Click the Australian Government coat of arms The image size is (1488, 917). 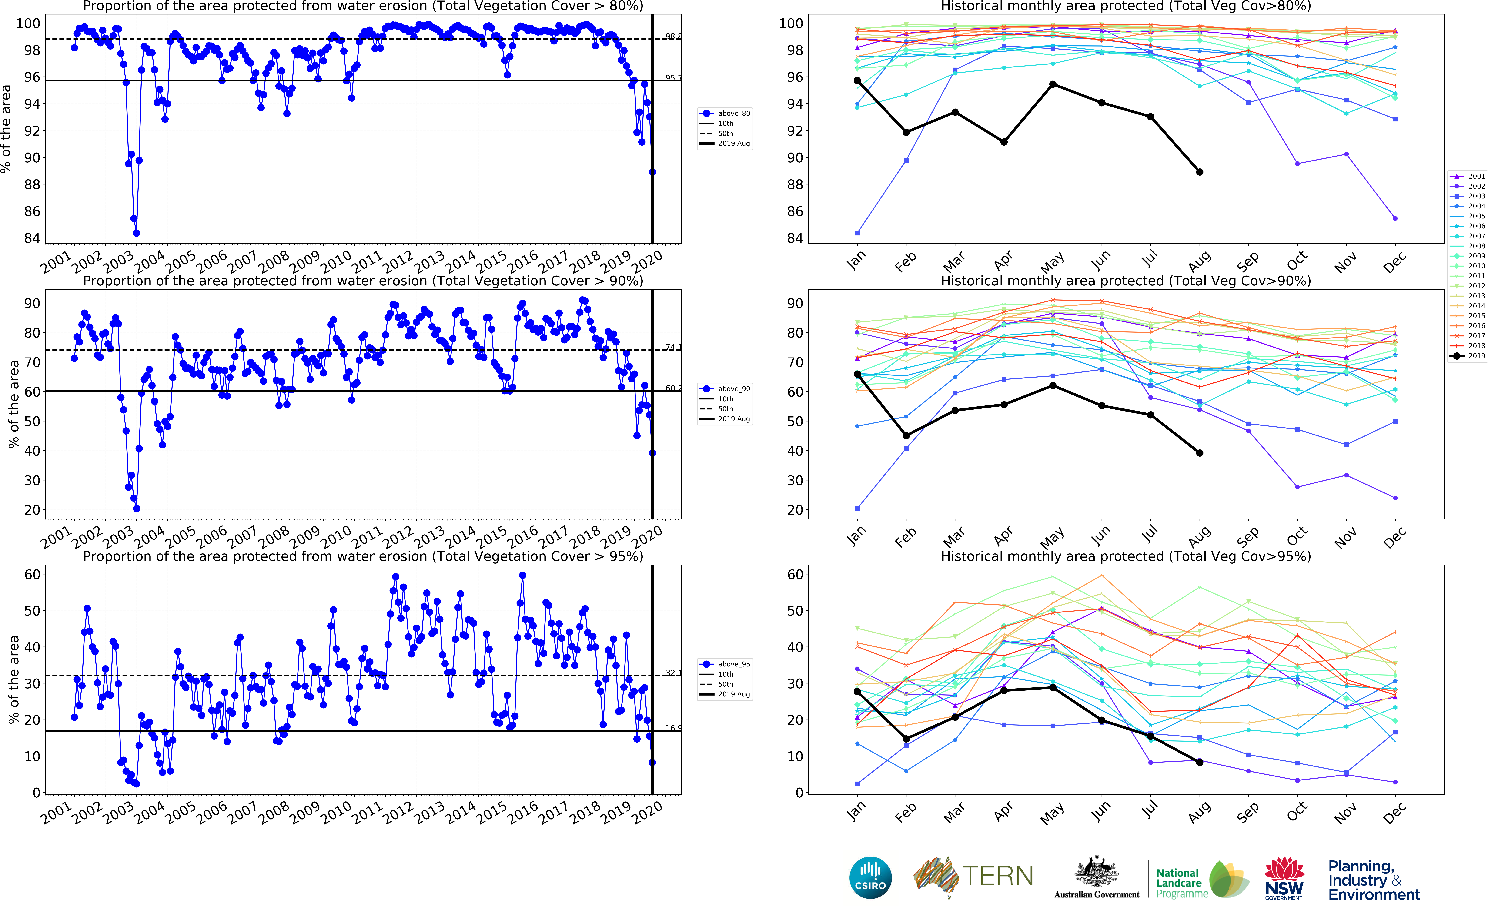[x=1096, y=873]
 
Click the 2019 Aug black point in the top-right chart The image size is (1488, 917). [x=1199, y=172]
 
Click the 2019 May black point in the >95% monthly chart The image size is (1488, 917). [x=1053, y=688]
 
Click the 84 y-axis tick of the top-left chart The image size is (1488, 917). [x=32, y=238]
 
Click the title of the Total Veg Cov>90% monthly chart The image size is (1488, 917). [x=1125, y=281]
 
